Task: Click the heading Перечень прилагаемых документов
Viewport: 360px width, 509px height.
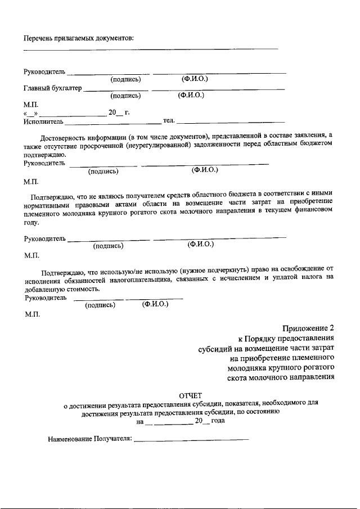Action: point(78,38)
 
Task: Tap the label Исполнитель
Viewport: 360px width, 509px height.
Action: point(43,121)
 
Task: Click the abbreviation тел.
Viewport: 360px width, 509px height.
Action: point(169,120)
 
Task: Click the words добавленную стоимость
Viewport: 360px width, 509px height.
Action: point(62,287)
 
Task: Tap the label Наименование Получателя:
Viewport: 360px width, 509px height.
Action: point(89,439)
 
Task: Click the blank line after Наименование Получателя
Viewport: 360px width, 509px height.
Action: point(191,440)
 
